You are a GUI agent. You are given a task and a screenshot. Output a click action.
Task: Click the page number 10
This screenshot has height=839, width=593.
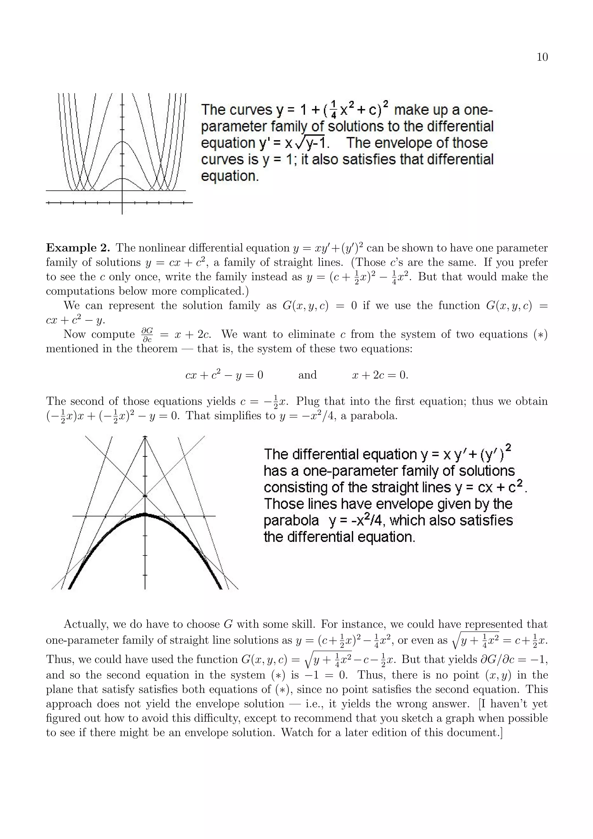542,57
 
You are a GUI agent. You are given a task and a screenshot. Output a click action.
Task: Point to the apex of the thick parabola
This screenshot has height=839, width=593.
145,514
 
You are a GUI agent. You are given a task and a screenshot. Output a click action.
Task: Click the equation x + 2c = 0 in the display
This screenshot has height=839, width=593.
380,375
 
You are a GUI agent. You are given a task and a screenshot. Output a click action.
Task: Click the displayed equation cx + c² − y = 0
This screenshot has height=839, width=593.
224,375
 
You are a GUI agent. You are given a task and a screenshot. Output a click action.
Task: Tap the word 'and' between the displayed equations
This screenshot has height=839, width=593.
307,375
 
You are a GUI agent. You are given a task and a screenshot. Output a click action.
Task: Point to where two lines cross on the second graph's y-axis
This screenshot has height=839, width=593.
145,496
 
